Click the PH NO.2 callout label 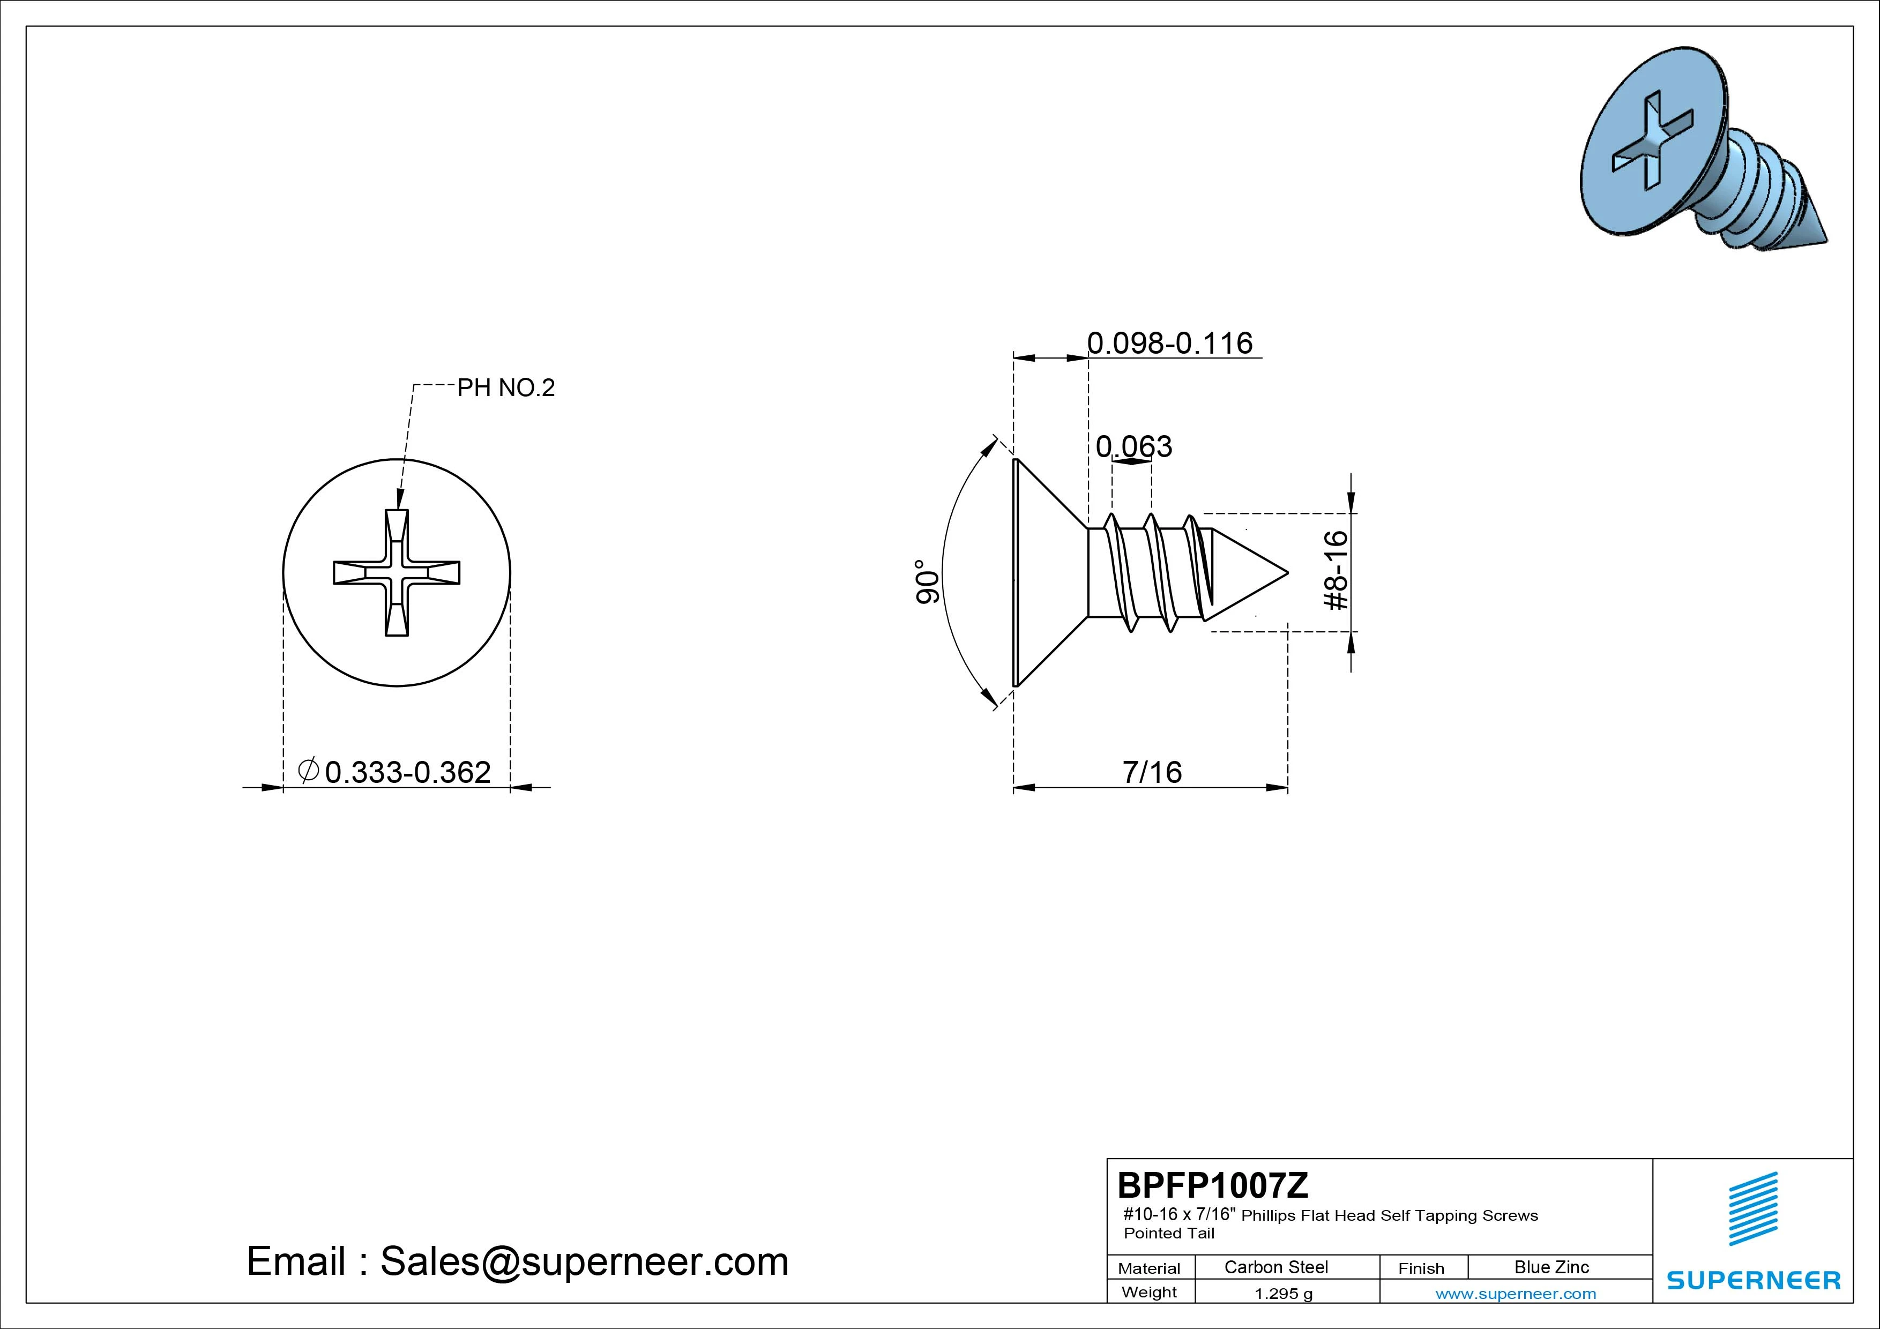click(506, 387)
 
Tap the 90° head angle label click(927, 582)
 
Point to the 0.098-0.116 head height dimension click(1169, 343)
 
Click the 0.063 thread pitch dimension click(1134, 446)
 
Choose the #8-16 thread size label click(1336, 570)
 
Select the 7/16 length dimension click(1152, 772)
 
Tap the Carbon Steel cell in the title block click(1275, 1267)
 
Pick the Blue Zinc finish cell click(1551, 1267)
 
